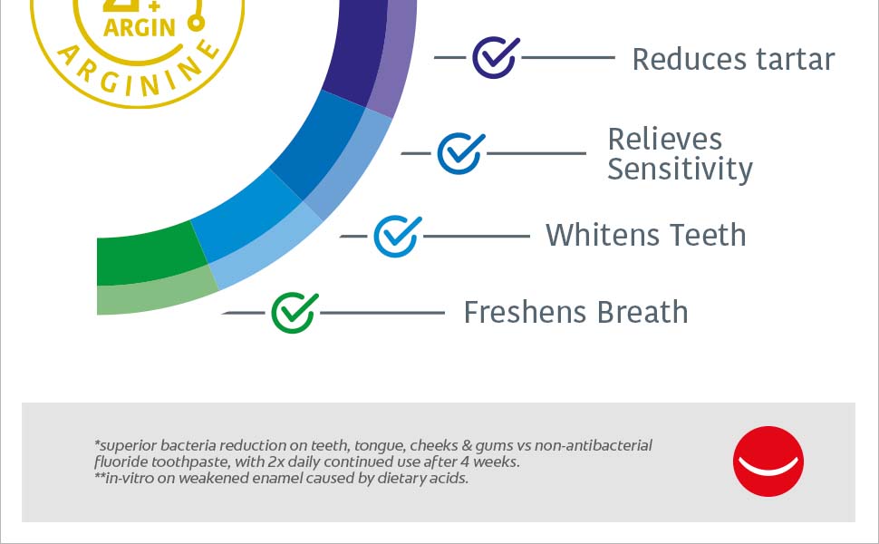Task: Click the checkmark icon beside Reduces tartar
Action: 496,57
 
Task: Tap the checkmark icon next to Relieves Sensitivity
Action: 461,153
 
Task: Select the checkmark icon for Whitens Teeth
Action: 398,236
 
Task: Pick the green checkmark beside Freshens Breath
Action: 295,313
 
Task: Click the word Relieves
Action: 665,139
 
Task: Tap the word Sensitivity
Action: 680,170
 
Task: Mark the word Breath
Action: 642,312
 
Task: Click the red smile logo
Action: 768,461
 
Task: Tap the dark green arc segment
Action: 150,254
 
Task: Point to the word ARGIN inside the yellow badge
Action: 140,27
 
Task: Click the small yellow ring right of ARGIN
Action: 197,24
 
